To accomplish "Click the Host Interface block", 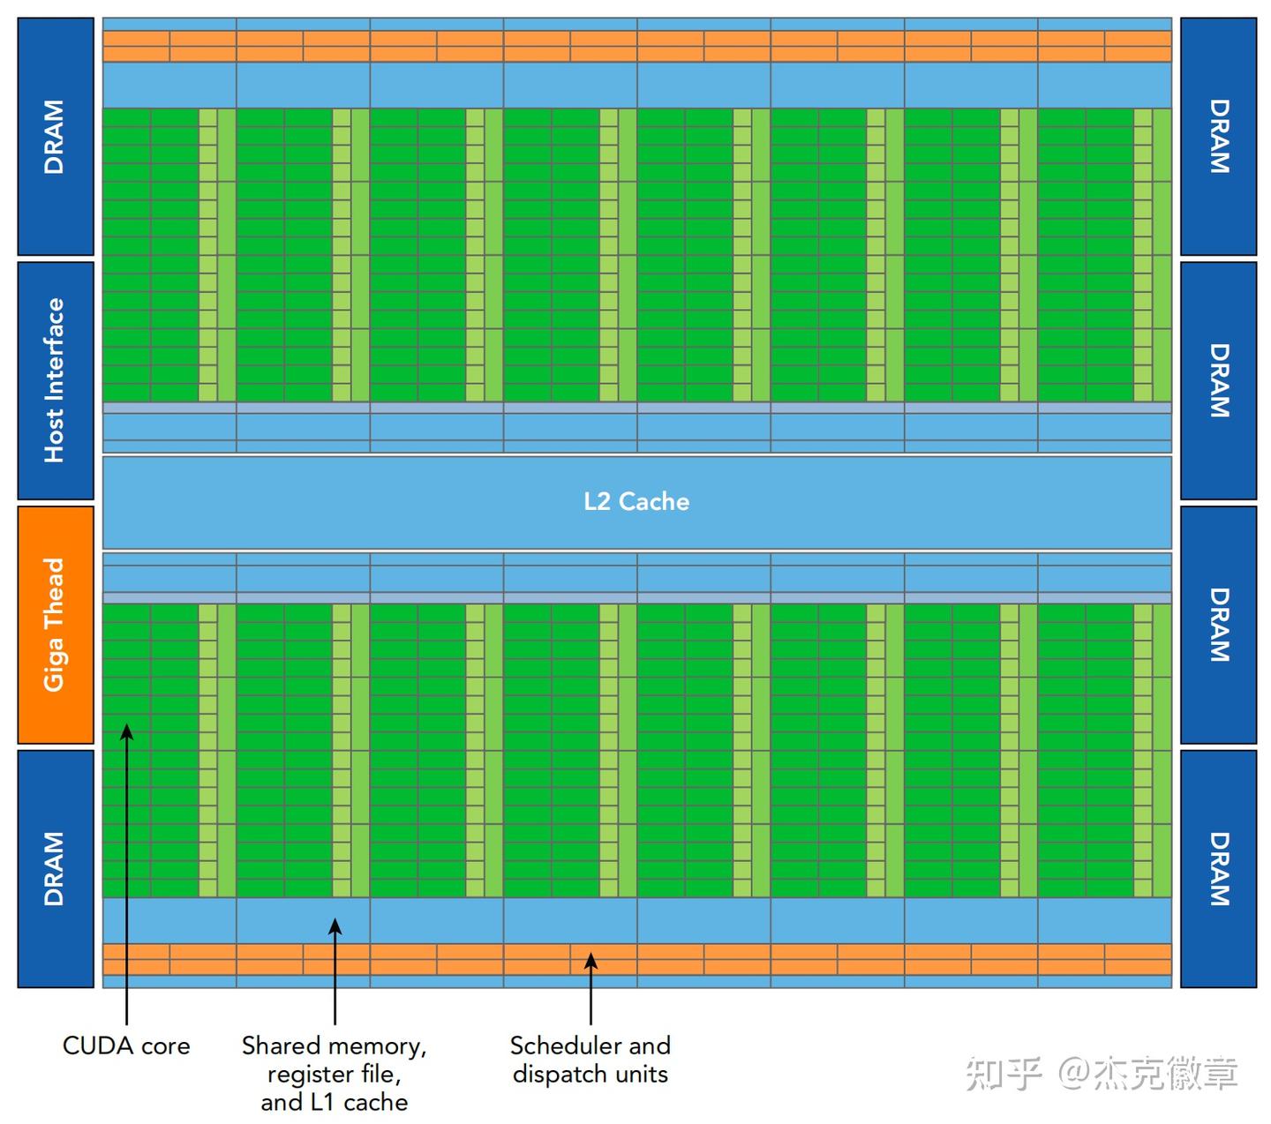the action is click(56, 381).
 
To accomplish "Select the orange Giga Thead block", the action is click(56, 625).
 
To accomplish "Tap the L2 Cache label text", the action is click(636, 502).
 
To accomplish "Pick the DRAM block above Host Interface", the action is click(56, 136).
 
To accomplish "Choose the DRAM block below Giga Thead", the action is click(56, 869).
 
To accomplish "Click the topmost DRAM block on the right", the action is click(1218, 136).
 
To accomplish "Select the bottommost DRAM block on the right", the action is click(1218, 869).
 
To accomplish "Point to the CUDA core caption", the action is click(126, 1045).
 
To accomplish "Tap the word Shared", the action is click(281, 1045).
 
